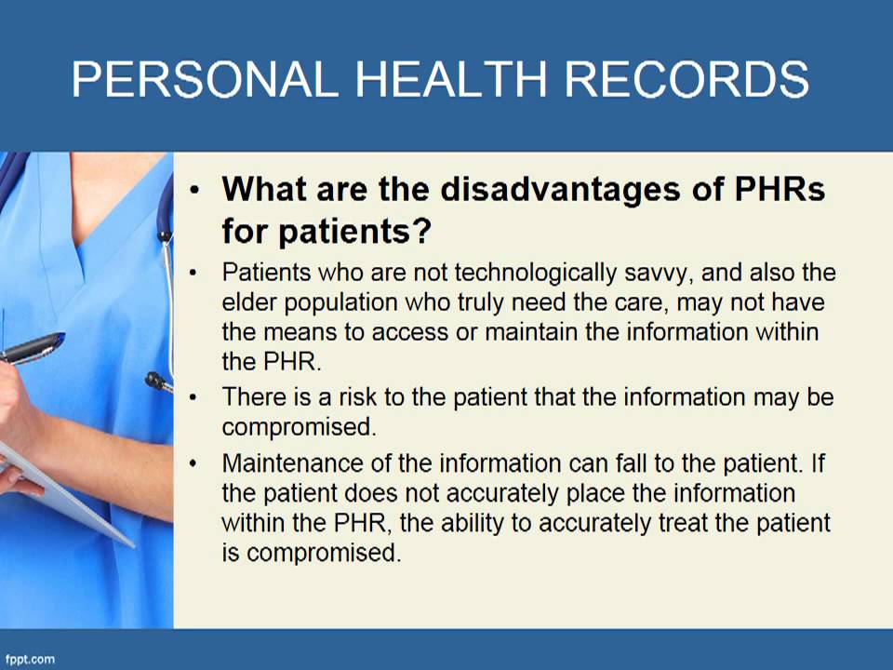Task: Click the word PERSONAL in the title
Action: [x=204, y=80]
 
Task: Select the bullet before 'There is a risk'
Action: [x=193, y=398]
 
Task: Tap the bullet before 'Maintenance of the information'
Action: [x=193, y=462]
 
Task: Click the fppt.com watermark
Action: [x=30, y=659]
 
